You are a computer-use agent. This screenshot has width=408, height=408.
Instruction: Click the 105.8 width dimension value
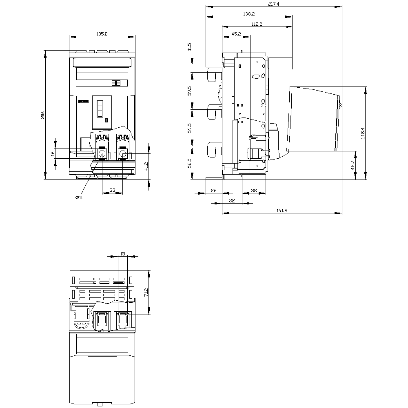coord(102,34)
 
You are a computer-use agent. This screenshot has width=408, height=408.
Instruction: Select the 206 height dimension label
coord(42,115)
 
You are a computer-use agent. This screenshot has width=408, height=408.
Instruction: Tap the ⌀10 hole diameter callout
coord(80,197)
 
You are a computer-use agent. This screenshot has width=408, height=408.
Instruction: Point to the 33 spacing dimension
coord(112,190)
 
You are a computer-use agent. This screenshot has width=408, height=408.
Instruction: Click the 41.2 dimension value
coord(146,166)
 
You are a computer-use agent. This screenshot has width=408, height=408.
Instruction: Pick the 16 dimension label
coord(53,154)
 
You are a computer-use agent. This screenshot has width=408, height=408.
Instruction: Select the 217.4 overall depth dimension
coord(274,4)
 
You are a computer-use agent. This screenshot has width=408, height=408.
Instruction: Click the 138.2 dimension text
coord(249,14)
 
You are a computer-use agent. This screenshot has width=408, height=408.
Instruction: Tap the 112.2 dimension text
coord(257,24)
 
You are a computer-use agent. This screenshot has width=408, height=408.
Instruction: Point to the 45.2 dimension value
coord(236,34)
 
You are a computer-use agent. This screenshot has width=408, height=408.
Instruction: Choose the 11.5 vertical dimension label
coord(189,47)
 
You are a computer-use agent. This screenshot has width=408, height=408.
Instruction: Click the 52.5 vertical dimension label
coord(189,163)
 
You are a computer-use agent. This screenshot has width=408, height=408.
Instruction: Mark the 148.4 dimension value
coord(363,133)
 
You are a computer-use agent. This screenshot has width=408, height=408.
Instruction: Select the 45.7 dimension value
coord(353,165)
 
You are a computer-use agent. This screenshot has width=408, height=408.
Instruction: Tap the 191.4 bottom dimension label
coord(282,210)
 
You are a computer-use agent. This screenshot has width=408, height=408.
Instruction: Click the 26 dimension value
coord(214,191)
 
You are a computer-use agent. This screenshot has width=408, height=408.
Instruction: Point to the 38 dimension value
coord(254,191)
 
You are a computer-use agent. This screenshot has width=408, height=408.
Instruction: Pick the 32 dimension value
coord(232,200)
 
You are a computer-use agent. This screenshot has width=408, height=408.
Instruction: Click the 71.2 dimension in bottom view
coord(146,292)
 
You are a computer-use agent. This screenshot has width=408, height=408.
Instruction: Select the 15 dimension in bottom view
coord(123,254)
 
